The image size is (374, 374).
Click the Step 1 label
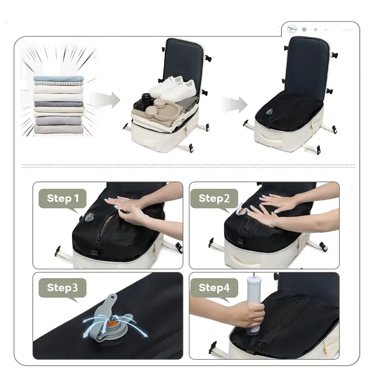(63, 198)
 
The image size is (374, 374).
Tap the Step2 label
(214, 198)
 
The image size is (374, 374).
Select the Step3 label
(62, 288)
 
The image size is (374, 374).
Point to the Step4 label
(214, 288)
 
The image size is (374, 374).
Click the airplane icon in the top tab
(292, 29)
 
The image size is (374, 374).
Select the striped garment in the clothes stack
(59, 83)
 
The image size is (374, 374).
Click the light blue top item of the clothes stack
(59, 79)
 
